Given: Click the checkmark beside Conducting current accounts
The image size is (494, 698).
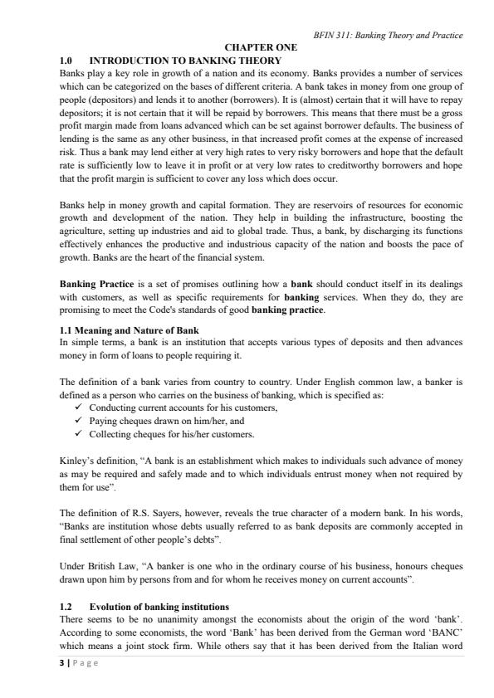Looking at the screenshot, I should tap(79, 408).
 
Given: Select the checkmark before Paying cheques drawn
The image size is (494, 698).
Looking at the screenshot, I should tap(79, 421).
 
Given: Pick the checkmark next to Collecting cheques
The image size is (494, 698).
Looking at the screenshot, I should tap(79, 433).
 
